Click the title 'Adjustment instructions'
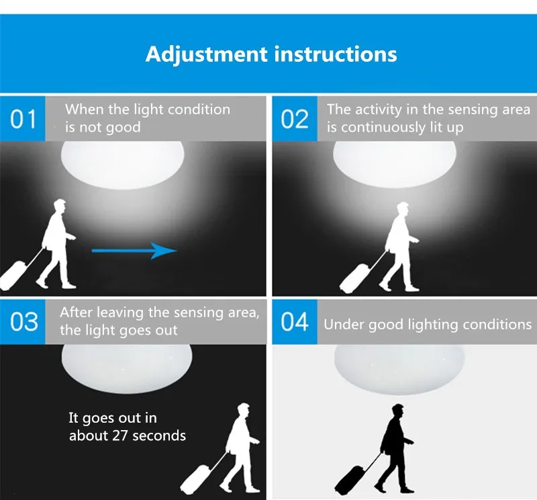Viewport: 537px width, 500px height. tap(271, 54)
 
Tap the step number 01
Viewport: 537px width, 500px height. tap(23, 119)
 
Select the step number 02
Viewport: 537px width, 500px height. tap(295, 119)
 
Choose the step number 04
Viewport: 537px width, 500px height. tap(295, 322)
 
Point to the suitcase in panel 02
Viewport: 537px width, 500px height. tap(356, 276)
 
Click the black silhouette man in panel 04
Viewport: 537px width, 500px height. tap(395, 444)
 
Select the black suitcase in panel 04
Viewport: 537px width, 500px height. tap(352, 475)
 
